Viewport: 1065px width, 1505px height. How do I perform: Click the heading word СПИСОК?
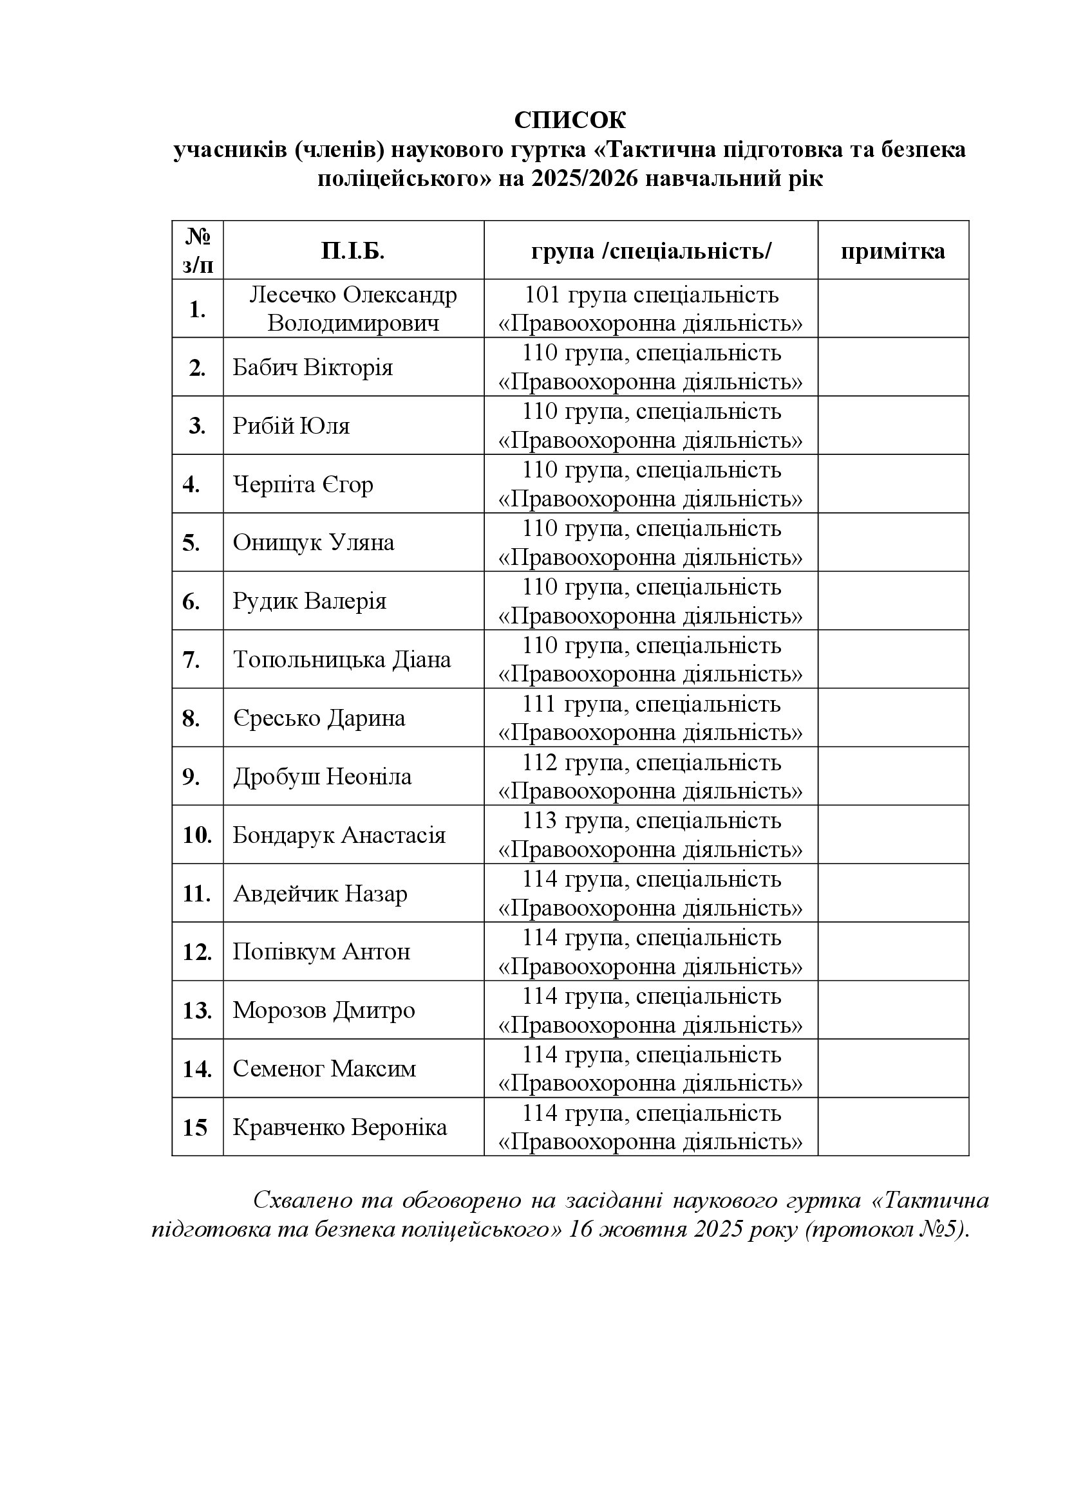(x=570, y=120)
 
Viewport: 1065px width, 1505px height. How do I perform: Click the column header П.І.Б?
(x=353, y=251)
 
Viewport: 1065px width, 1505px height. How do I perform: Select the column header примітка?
(x=892, y=251)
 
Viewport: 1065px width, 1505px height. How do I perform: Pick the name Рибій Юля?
(x=291, y=426)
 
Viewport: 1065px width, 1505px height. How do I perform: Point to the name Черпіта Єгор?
(x=303, y=485)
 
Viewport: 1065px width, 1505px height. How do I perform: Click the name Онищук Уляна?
(x=314, y=543)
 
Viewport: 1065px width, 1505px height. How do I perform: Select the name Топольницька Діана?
(x=342, y=660)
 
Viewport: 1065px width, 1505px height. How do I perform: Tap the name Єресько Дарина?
(x=319, y=719)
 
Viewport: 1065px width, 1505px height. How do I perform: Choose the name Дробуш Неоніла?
(x=322, y=777)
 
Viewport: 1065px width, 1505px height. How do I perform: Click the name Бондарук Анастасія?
(x=339, y=835)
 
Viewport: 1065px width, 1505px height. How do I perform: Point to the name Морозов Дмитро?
(x=324, y=1010)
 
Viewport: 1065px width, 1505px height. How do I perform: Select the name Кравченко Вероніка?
(x=340, y=1127)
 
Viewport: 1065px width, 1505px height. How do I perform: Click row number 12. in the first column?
(x=197, y=952)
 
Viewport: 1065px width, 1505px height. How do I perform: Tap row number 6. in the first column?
(x=191, y=602)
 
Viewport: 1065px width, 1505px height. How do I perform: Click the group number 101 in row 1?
(x=542, y=295)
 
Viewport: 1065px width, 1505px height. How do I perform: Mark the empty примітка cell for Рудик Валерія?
(x=892, y=601)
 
